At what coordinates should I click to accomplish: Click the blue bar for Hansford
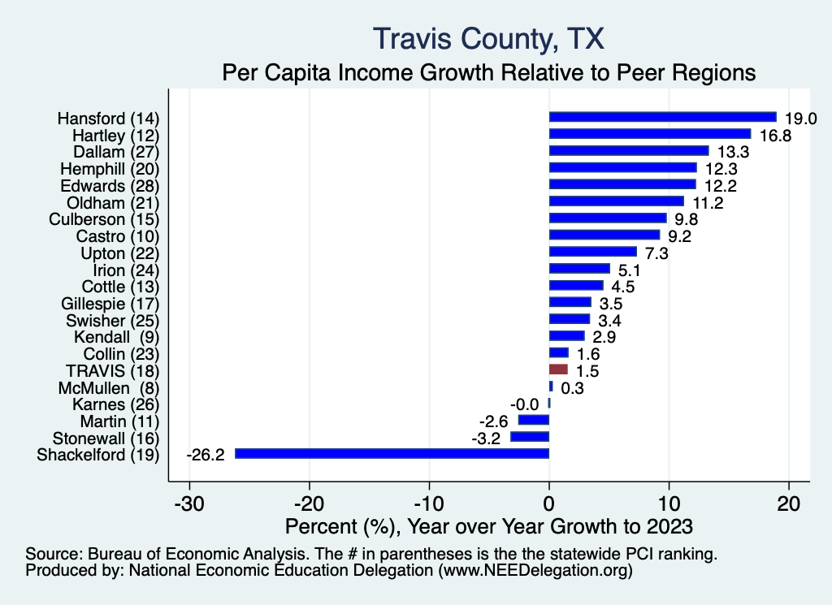[x=662, y=117]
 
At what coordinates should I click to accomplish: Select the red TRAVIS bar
[x=558, y=369]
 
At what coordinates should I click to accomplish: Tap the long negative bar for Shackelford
[x=392, y=453]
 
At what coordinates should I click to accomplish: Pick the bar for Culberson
[x=608, y=218]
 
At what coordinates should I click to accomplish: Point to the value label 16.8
[x=773, y=135]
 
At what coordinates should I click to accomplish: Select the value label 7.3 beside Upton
[x=656, y=253]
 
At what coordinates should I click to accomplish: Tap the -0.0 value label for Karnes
[x=524, y=404]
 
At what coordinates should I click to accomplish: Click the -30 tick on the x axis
[x=189, y=503]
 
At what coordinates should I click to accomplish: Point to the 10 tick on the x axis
[x=669, y=503]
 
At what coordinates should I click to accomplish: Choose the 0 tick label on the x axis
[x=549, y=503]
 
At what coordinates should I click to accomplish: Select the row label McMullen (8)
[x=108, y=387]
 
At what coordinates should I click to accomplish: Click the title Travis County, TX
[x=487, y=38]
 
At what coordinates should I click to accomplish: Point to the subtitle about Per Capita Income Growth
[x=489, y=72]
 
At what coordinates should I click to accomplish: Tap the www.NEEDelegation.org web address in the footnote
[x=535, y=571]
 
